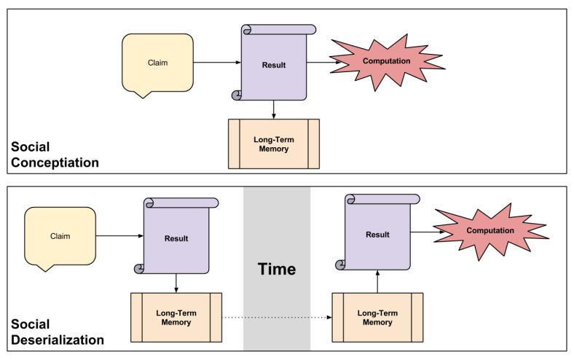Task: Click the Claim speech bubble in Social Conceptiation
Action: click(157, 63)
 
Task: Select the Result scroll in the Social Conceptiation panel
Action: click(274, 65)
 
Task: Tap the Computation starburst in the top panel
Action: click(387, 61)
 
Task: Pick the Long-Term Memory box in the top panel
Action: click(274, 144)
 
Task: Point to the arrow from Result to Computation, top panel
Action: click(323, 62)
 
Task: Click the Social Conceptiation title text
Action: click(55, 155)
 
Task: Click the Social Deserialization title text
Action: click(58, 332)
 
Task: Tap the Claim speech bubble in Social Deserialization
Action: click(60, 236)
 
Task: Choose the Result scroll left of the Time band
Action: click(176, 238)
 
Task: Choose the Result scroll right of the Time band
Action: click(377, 234)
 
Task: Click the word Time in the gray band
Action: click(277, 269)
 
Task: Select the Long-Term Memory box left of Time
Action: click(176, 318)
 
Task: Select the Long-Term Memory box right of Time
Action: click(377, 318)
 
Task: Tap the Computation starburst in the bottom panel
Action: click(490, 231)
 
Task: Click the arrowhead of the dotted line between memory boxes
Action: click(329, 318)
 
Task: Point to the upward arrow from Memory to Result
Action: click(377, 280)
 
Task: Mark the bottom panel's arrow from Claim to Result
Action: click(119, 236)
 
